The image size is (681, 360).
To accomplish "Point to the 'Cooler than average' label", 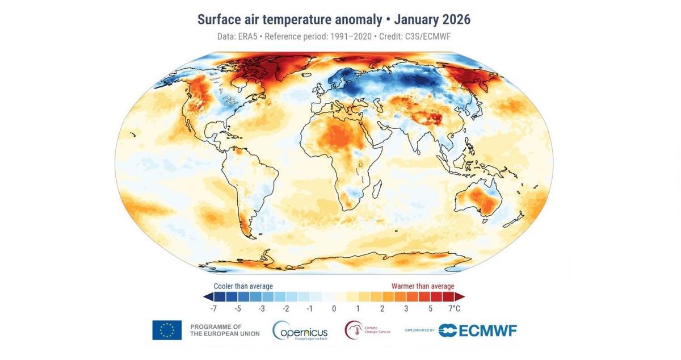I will (x=243, y=286).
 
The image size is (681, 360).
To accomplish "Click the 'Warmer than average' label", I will (x=423, y=286).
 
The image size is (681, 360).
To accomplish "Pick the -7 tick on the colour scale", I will (x=213, y=308).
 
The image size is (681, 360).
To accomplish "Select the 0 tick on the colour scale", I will (x=334, y=308).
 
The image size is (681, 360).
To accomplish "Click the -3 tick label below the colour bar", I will (x=262, y=308).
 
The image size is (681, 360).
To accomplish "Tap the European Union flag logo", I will (x=167, y=330).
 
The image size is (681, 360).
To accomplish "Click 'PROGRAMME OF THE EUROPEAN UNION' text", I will (x=224, y=330).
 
